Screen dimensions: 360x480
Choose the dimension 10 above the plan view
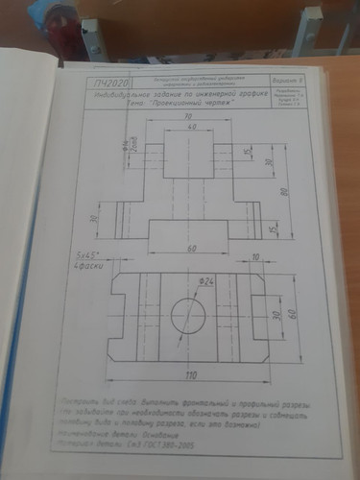tap(256, 256)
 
